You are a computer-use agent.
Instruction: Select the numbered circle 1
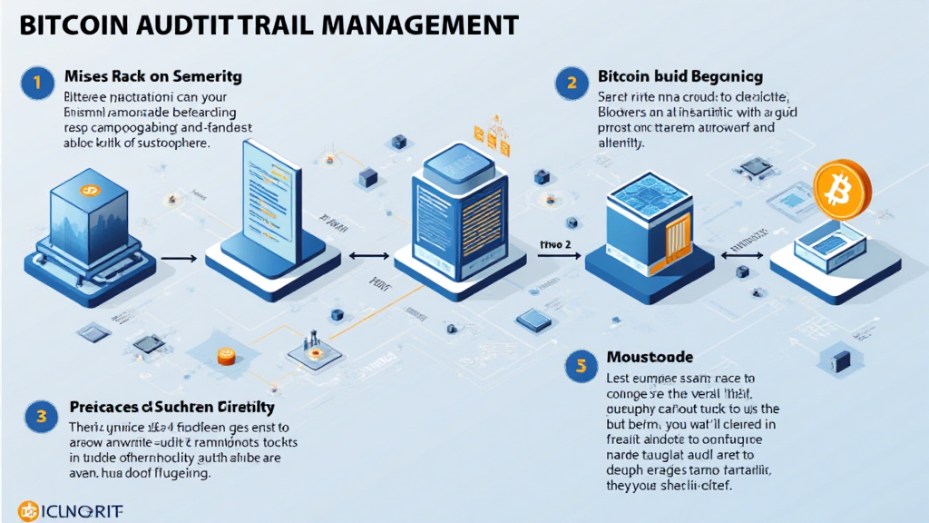point(33,84)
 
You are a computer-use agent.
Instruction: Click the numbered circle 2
point(571,84)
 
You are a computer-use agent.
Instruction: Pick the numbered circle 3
point(41,417)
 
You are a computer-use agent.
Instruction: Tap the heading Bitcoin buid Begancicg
point(680,78)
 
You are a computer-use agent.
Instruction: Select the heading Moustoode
point(649,358)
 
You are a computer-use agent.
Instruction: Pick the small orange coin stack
point(226,357)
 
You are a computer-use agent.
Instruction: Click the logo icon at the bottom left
point(28,510)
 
